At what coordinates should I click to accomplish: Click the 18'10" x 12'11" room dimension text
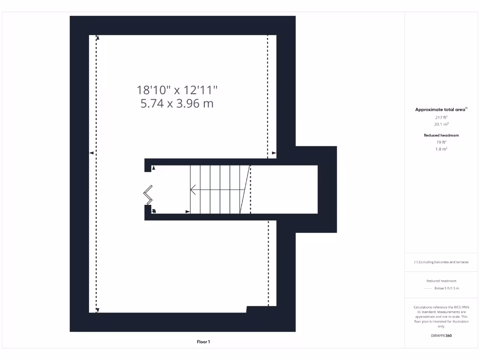(177, 90)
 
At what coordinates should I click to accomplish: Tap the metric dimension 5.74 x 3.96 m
(177, 104)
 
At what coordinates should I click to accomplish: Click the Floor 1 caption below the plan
(203, 342)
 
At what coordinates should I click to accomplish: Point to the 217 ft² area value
(441, 117)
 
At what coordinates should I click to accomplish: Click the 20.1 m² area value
(441, 124)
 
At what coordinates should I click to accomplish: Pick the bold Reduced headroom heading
(441, 135)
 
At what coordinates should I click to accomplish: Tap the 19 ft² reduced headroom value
(441, 142)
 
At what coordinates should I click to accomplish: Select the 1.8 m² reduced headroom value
(441, 149)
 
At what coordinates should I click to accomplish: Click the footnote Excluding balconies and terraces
(441, 262)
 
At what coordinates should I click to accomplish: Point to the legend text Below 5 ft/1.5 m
(447, 288)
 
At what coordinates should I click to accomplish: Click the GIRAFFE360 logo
(441, 336)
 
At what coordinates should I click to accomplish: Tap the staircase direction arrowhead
(192, 190)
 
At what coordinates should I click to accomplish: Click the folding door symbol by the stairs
(148, 195)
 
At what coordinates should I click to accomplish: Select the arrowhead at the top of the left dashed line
(97, 37)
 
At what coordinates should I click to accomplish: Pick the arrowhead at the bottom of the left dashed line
(97, 310)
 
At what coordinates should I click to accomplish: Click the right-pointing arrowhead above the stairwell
(274, 153)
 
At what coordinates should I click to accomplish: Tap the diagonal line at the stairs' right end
(245, 189)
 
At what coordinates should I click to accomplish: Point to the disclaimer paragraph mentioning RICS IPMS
(441, 316)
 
